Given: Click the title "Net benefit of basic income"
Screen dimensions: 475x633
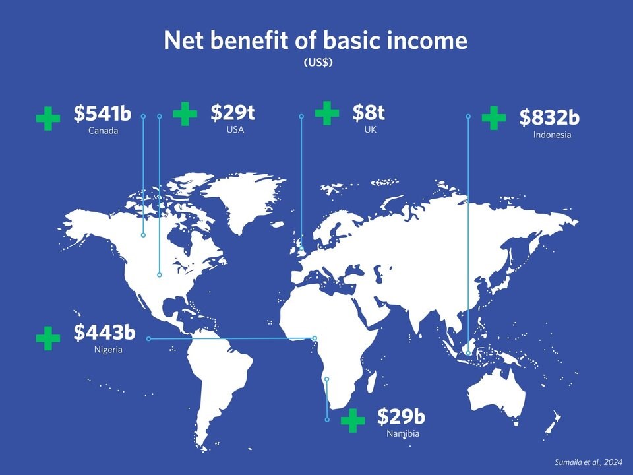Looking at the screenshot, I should pos(316,41).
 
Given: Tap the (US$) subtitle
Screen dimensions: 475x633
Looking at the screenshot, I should pos(316,63).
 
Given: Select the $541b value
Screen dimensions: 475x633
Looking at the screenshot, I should pos(102,113).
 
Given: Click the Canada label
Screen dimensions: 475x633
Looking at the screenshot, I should pos(103,131).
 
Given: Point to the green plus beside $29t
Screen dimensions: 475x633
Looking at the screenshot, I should pos(185,113).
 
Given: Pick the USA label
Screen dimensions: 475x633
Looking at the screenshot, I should pos(235,130).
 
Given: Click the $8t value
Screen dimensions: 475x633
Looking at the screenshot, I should pos(369,113).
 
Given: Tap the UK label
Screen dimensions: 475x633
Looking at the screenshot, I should pos(370,130).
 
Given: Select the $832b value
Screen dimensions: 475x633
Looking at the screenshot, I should pos(549,117).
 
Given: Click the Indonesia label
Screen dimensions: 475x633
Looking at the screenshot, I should pos(552,135).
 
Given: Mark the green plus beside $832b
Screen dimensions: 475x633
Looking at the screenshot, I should pos(494,118).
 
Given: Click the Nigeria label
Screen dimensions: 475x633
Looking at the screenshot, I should pos(108,350).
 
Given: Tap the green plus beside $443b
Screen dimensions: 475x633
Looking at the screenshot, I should pos(48,338).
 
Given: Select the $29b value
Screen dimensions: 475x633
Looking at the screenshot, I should pos(401,416).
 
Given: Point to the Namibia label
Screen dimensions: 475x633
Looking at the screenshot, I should pos(403,434).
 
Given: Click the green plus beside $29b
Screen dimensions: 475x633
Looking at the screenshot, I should pos(353,420).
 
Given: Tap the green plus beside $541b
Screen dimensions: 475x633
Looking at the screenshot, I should pos(48,119).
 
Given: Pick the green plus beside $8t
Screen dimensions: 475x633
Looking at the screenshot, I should pos(327,113).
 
